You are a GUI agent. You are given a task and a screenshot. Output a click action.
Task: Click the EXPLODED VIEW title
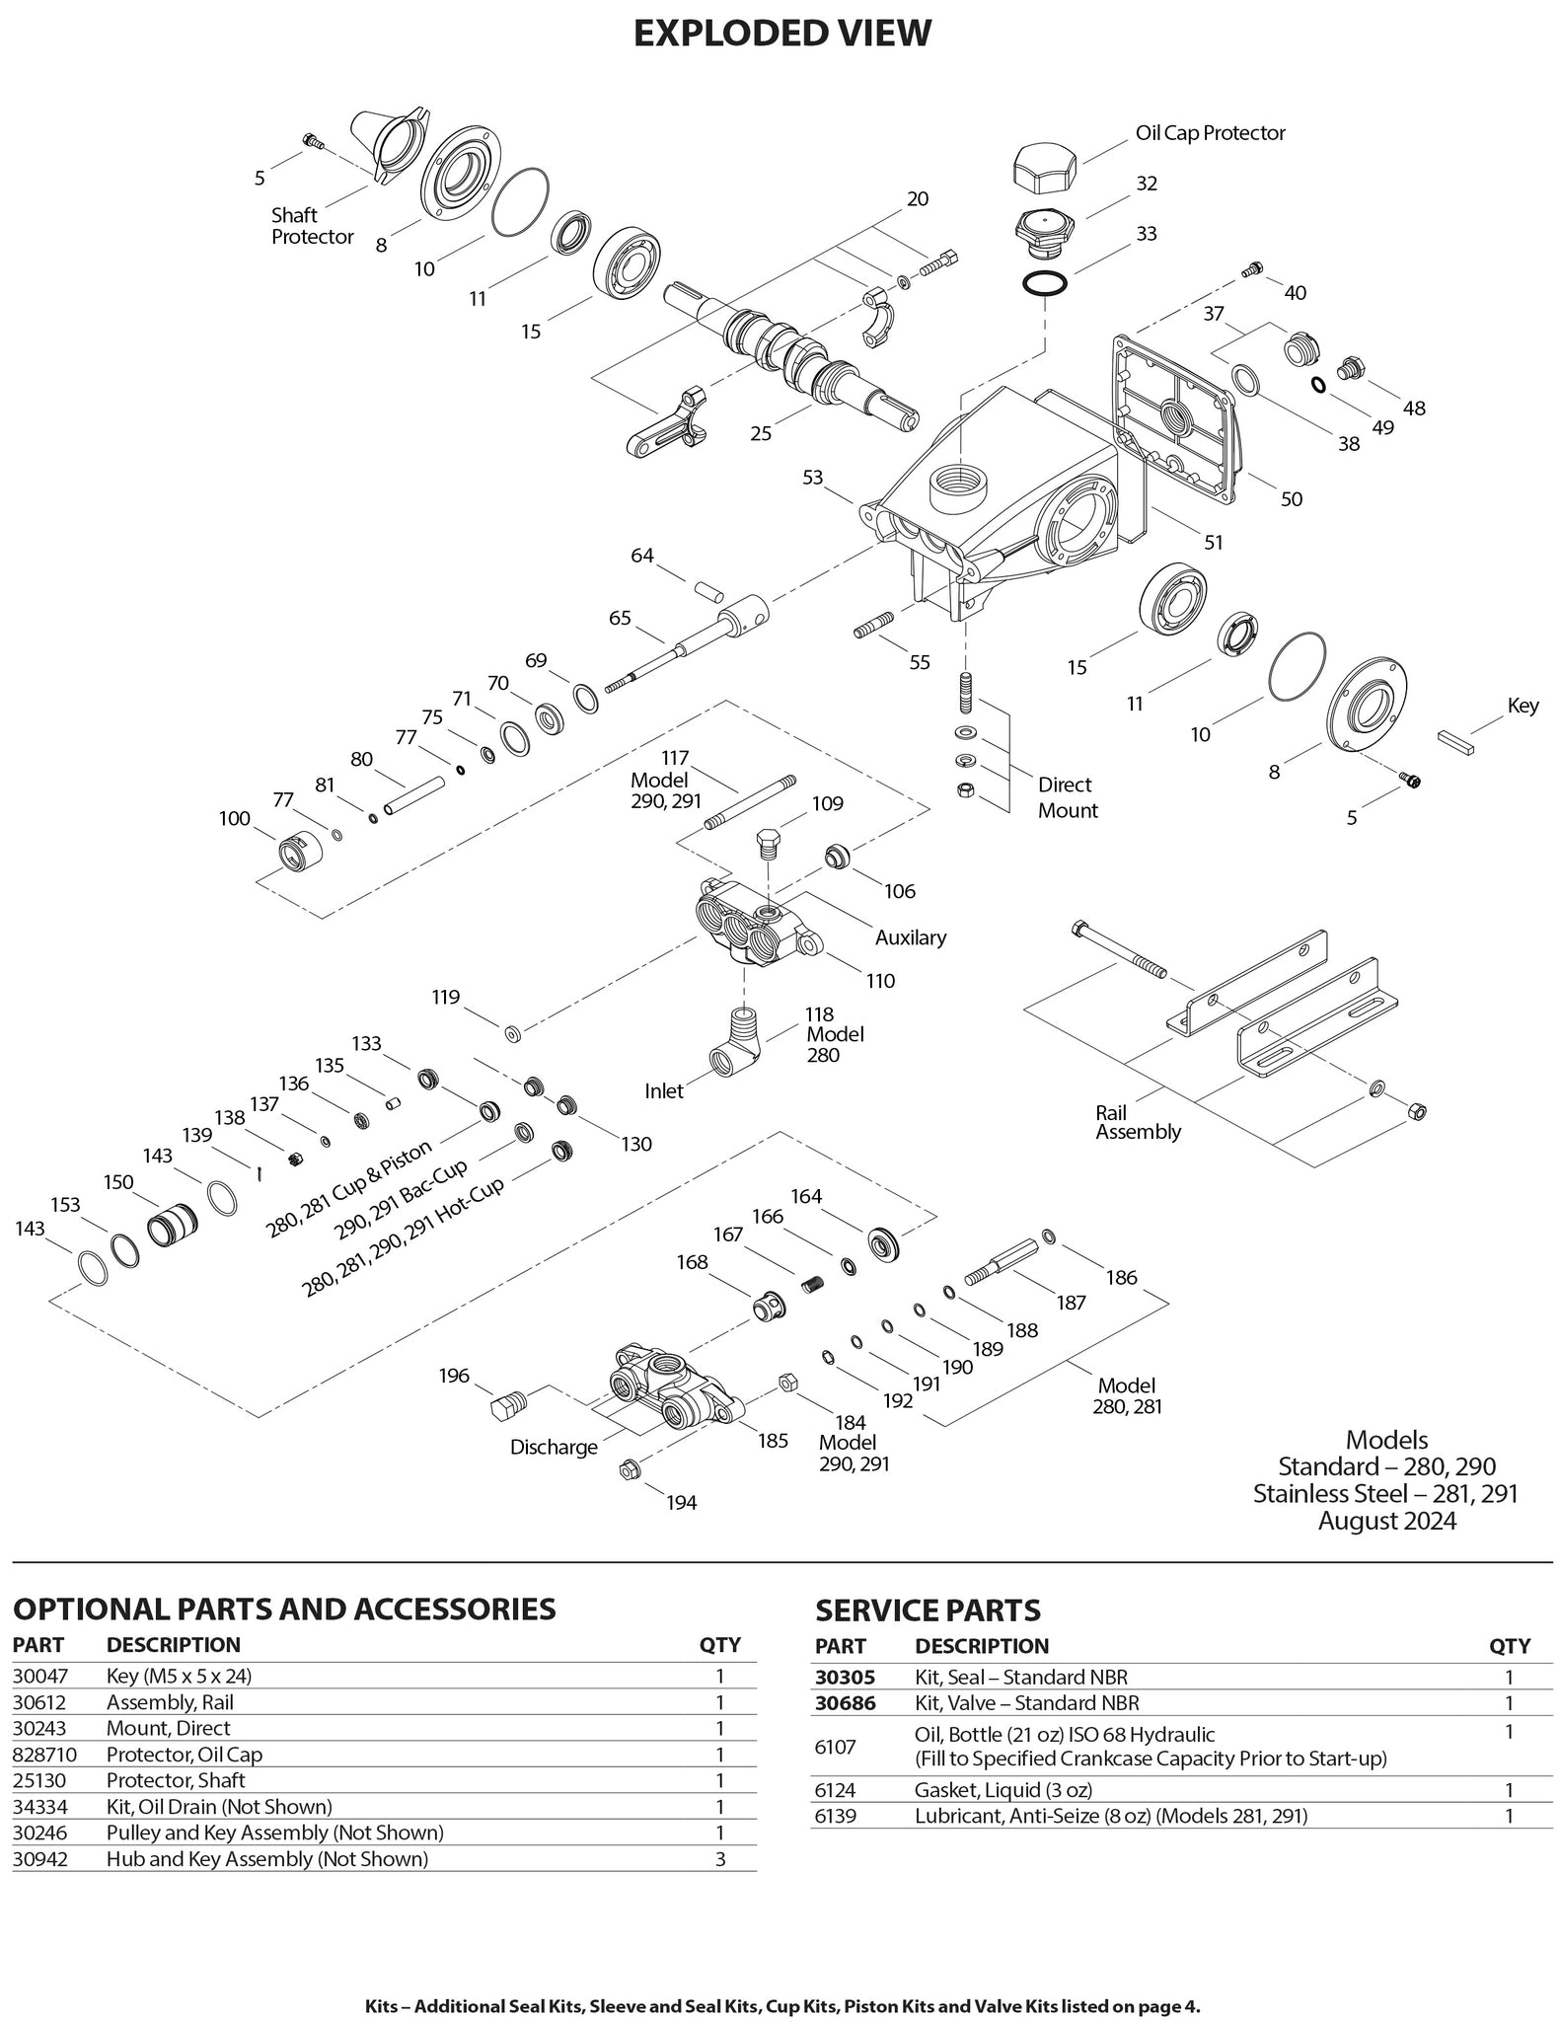[x=780, y=34]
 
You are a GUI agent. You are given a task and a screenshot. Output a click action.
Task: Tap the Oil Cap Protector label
[x=1210, y=133]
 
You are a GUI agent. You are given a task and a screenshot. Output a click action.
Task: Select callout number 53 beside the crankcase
[x=812, y=478]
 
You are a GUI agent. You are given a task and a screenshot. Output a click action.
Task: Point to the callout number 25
[x=760, y=433]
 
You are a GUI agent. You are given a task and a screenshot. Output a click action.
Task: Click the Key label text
[x=1523, y=707]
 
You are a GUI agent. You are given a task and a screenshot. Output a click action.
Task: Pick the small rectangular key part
[x=1457, y=741]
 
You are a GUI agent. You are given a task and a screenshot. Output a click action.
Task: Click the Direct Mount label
[x=1067, y=797]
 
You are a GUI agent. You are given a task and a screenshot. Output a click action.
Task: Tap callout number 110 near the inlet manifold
[x=880, y=981]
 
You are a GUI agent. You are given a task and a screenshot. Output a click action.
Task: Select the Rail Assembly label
[x=1137, y=1122]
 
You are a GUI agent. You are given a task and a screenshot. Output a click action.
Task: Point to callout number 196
[x=454, y=1377]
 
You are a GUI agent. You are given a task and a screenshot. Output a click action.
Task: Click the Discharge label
[x=554, y=1447]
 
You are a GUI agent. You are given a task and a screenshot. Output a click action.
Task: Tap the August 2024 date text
[x=1386, y=1521]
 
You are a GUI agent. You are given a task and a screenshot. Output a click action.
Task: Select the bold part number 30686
[x=845, y=1702]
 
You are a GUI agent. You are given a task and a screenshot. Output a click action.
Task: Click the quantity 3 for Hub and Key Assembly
[x=719, y=1859]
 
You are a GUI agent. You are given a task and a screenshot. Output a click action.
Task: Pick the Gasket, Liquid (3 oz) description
[x=1003, y=1790]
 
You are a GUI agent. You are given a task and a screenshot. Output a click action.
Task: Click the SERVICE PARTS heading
[x=927, y=1610]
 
